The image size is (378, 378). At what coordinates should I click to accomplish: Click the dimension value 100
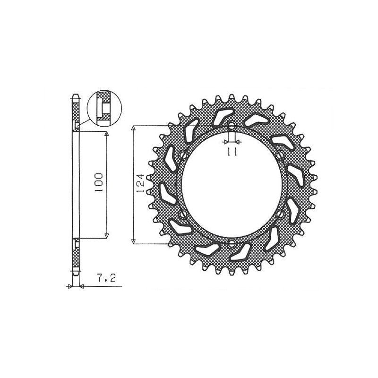coord(99,182)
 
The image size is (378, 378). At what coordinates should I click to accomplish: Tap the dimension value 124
coord(140,185)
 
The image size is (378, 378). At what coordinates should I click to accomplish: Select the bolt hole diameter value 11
coord(232,151)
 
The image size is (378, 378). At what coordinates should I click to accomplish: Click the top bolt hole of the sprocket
coord(232,126)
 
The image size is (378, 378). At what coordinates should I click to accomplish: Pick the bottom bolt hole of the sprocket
coord(232,243)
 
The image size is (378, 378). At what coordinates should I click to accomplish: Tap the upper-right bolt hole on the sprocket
coord(281,155)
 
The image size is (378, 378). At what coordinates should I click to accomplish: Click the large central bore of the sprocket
coord(232,185)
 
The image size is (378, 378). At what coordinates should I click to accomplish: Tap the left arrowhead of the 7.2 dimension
coord(70,286)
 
